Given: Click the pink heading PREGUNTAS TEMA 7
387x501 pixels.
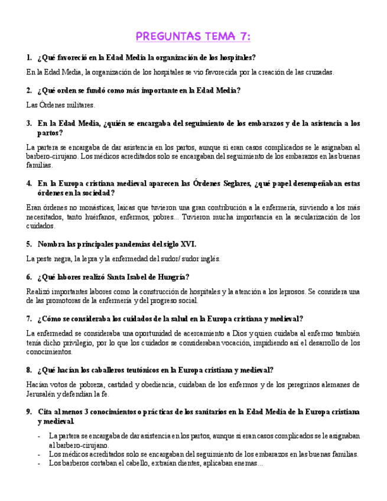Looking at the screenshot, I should pos(193,37).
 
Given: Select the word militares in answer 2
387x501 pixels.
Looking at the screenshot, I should pos(79,105).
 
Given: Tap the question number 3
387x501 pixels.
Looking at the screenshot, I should pos(29,123).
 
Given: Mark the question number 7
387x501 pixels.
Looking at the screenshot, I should pos(29,318).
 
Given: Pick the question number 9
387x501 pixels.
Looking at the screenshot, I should pos(29,411).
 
